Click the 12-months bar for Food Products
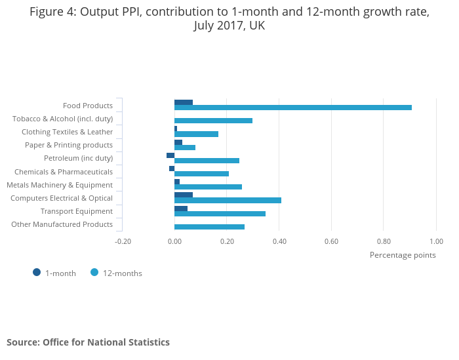tap(293, 108)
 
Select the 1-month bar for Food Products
tap(184, 102)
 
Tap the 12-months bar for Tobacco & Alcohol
tap(213, 121)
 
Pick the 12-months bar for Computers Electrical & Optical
tap(228, 200)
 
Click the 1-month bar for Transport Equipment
tap(181, 208)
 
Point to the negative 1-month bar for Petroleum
tap(170, 155)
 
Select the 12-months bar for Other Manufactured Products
tap(209, 227)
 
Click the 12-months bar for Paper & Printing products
tap(185, 148)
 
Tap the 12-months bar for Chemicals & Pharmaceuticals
tap(201, 174)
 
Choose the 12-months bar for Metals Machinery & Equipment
tap(208, 187)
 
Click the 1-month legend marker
tap(37, 273)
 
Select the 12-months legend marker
tap(94, 273)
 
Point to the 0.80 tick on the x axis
tap(384, 241)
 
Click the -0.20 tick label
tap(123, 241)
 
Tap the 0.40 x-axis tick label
tap(279, 241)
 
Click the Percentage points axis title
tap(403, 255)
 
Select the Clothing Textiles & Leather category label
tap(67, 132)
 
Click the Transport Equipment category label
tap(77, 211)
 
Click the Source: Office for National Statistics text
tap(88, 342)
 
